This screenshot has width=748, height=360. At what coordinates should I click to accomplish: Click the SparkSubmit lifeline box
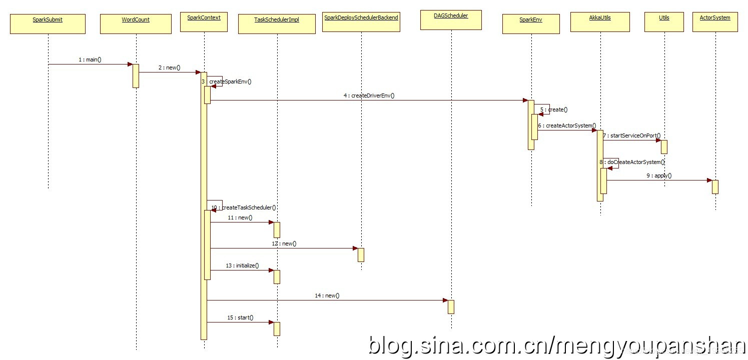coord(48,24)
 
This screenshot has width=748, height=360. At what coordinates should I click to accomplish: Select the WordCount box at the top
coord(136,24)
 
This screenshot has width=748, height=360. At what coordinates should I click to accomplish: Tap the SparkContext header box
coord(204,22)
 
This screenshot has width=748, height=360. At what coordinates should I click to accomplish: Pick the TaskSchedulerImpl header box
coord(277,24)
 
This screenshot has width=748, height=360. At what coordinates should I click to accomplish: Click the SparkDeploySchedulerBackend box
coord(361,22)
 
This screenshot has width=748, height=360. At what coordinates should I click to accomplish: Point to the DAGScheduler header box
coord(451,20)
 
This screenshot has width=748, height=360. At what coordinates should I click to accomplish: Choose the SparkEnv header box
coord(531,24)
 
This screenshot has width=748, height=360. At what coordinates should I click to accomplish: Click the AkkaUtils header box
coord(600,22)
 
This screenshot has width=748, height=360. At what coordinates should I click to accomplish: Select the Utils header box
coord(664,22)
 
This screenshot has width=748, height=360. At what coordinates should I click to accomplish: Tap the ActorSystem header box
coord(715,22)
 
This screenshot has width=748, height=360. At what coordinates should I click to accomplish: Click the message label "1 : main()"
coord(90,59)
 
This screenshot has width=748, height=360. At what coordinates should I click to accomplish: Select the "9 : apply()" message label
coord(659,175)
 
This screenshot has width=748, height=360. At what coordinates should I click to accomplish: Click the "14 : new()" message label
coord(327,295)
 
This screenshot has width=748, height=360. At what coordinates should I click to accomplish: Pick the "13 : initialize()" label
coord(242,265)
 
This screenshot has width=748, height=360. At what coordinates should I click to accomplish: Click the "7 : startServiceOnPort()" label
coord(631,135)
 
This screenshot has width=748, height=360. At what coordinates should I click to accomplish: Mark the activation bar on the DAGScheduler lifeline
coord(451,306)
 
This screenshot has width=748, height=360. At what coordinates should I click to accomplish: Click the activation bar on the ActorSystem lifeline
coord(715,186)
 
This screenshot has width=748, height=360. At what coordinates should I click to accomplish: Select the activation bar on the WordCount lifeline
coord(136,75)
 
